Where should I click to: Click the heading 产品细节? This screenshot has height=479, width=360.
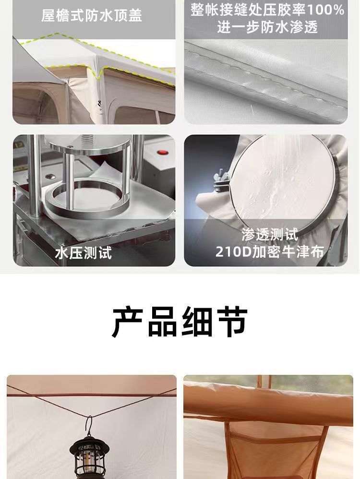pyautogui.click(x=180, y=322)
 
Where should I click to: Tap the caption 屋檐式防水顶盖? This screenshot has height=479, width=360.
pyautogui.click(x=92, y=15)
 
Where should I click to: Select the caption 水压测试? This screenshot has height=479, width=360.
pyautogui.click(x=84, y=253)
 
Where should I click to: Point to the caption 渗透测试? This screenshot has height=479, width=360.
pyautogui.click(x=270, y=235)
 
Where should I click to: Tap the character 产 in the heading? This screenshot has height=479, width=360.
pyautogui.click(x=128, y=322)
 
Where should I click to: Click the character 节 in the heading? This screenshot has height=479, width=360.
pyautogui.click(x=232, y=322)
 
